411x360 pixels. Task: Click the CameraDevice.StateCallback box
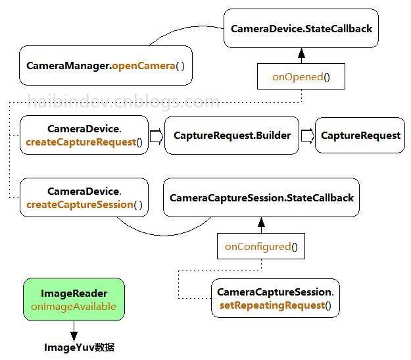click(x=301, y=29)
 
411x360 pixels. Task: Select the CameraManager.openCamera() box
click(x=105, y=66)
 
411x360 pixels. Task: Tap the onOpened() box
click(x=301, y=77)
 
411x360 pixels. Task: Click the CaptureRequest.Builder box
click(x=231, y=136)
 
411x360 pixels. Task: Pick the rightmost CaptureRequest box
click(x=360, y=136)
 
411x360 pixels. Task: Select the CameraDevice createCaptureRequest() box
click(x=84, y=136)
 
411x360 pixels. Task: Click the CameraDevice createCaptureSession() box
click(x=84, y=197)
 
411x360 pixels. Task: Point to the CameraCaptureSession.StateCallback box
click(x=261, y=197)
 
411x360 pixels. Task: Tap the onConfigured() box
click(x=261, y=247)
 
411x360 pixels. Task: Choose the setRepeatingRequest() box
click(x=275, y=299)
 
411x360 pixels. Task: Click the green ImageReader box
click(x=74, y=299)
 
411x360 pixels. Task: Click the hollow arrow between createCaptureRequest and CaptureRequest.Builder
click(x=157, y=136)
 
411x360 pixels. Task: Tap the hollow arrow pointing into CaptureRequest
click(x=307, y=136)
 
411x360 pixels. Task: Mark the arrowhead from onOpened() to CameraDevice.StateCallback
click(x=301, y=53)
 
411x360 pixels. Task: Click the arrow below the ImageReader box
click(x=74, y=330)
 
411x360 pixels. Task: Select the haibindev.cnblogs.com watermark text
click(x=124, y=101)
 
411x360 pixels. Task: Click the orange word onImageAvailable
click(x=74, y=306)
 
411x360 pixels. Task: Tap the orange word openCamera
click(x=143, y=66)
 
